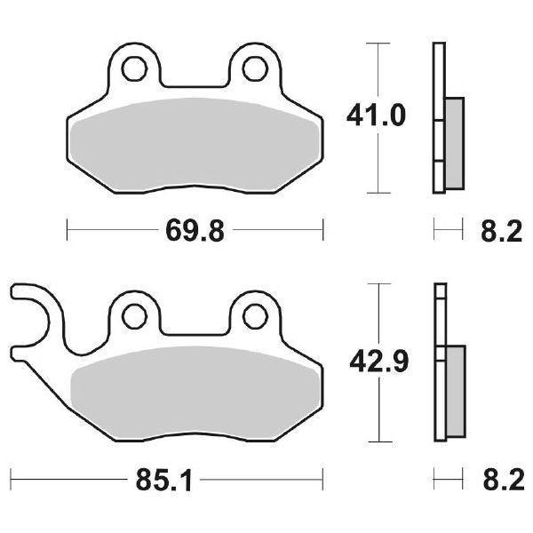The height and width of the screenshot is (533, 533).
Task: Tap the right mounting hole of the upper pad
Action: point(256,68)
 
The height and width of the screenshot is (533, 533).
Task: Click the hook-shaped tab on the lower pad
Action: point(31,311)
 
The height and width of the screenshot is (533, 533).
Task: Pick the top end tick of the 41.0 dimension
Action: point(379,42)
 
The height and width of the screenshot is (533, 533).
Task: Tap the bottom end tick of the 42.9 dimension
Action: point(379,442)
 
